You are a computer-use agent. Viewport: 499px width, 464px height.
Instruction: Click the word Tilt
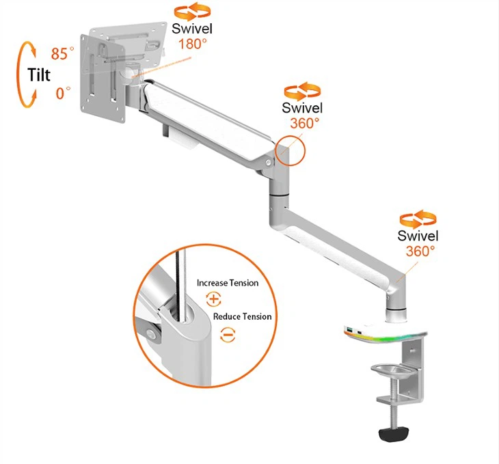(39, 74)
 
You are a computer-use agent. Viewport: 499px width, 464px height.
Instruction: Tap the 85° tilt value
(62, 53)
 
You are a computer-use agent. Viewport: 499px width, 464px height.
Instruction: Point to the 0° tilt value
(63, 93)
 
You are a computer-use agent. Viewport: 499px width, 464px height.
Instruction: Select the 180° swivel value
(192, 44)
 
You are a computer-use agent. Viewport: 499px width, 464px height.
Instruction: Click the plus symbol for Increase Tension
(213, 299)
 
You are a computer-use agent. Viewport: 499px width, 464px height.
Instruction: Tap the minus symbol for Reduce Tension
(228, 335)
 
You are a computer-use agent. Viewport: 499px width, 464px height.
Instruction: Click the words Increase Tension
(228, 283)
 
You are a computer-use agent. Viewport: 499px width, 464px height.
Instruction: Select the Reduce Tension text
(242, 316)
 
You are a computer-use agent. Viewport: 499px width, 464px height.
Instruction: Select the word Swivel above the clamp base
(418, 236)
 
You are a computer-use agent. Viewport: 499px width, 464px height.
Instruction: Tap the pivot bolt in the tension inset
(151, 334)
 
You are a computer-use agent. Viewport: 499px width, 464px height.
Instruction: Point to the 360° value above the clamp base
(420, 251)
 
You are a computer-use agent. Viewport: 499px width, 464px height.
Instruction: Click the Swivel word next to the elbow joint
(302, 107)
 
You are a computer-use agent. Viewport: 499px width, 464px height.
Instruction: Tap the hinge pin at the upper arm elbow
(269, 163)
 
